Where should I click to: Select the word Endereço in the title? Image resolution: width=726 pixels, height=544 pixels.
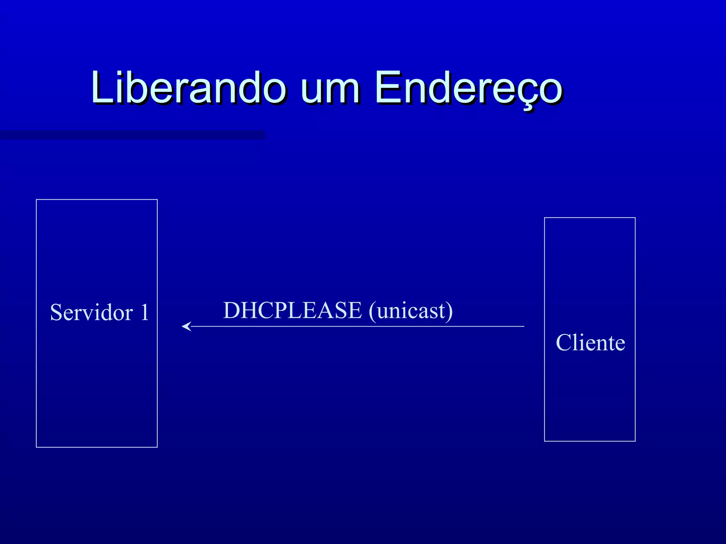(x=468, y=88)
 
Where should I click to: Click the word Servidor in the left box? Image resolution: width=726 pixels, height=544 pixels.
(x=91, y=312)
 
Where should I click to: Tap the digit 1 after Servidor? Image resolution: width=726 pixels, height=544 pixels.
(x=144, y=312)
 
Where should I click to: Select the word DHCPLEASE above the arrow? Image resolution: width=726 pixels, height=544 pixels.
(x=292, y=310)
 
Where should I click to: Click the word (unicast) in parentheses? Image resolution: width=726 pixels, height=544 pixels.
(x=411, y=311)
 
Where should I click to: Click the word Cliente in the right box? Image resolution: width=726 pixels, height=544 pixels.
(x=590, y=342)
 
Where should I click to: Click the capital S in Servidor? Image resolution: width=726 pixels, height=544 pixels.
(x=57, y=312)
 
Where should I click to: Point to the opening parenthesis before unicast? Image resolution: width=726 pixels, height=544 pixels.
(x=372, y=312)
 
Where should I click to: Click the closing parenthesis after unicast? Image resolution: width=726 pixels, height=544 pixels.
(x=449, y=312)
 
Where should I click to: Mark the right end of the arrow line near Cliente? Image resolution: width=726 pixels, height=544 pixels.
(x=523, y=326)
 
